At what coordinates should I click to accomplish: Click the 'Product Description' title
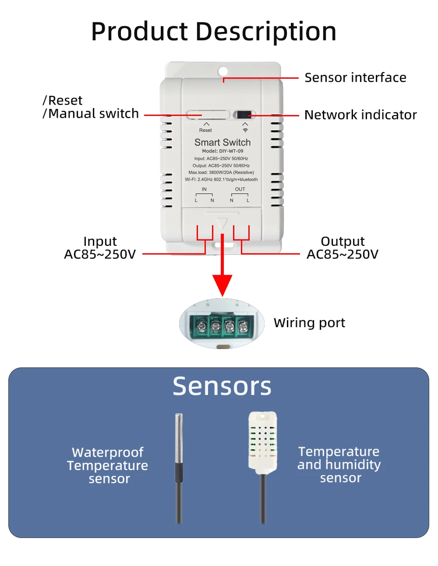click(214, 31)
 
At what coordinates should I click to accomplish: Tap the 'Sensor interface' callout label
click(355, 77)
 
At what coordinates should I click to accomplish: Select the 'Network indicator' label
click(360, 115)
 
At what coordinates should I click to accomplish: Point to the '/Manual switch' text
click(91, 114)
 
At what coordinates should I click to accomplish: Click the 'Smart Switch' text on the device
click(223, 143)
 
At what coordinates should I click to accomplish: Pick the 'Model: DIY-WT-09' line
click(223, 151)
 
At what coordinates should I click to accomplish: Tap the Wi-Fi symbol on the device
click(245, 130)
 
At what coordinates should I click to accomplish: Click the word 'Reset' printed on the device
click(205, 130)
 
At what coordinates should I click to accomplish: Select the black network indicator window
click(244, 115)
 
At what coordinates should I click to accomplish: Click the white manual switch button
click(208, 115)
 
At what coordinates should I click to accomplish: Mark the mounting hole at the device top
click(223, 71)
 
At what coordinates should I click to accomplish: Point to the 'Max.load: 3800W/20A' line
click(221, 172)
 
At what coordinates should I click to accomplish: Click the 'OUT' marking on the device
click(240, 189)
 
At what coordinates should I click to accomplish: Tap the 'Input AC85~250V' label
click(100, 248)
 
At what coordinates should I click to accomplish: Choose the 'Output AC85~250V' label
click(343, 248)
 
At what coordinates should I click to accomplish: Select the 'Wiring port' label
click(309, 323)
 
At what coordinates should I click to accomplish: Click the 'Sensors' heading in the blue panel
click(222, 386)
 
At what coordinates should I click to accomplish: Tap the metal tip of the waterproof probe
click(179, 437)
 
